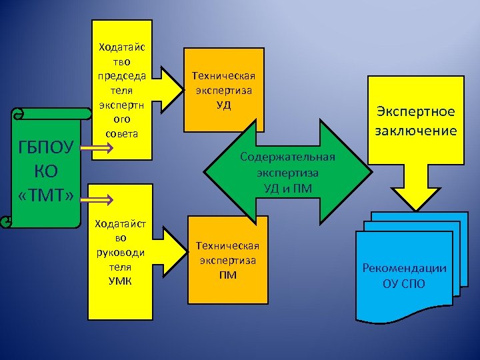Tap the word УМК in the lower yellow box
point(120,281)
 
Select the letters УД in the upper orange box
point(223,104)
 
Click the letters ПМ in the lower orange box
point(227,275)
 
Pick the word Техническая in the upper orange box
point(223,75)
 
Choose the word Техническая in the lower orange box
point(227,245)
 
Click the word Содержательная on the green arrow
point(287,157)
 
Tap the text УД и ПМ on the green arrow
point(287,188)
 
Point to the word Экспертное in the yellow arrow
point(415,111)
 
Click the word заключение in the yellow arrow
point(415,130)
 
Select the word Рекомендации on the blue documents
point(404,268)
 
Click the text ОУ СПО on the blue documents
point(404,283)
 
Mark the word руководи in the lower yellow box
point(120,251)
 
